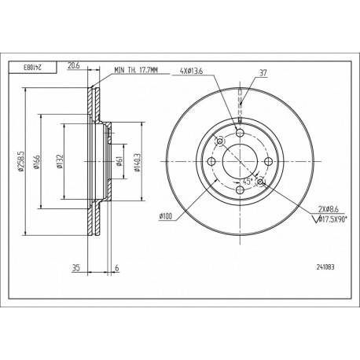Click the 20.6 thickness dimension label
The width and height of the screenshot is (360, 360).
73,66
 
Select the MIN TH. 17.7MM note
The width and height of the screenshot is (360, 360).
136,70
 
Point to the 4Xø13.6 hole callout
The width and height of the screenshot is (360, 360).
191,71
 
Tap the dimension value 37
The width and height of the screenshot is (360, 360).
263,72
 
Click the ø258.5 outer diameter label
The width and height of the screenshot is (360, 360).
21,162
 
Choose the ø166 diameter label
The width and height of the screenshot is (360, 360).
36,162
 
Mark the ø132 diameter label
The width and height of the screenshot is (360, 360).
60,161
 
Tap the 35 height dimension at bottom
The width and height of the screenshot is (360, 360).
76,268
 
